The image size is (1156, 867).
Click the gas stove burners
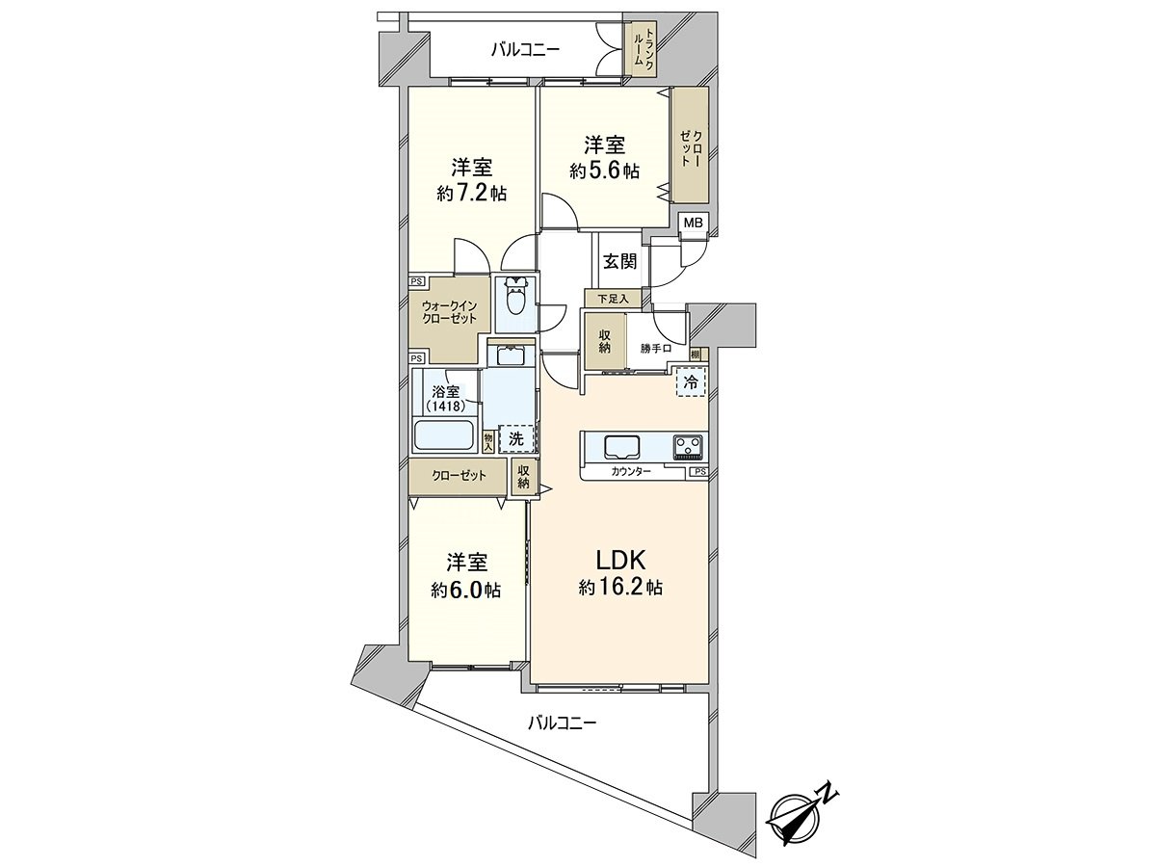pyautogui.click(x=689, y=447)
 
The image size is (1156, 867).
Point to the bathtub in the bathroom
pyautogui.click(x=445, y=435)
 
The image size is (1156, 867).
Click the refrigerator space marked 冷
pyautogui.click(x=691, y=382)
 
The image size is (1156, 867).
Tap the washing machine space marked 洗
pyautogui.click(x=516, y=438)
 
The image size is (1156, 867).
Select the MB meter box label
pyautogui.click(x=694, y=223)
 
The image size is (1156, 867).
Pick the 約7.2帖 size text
pyautogui.click(x=472, y=194)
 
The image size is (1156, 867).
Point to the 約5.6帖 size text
pyautogui.click(x=604, y=171)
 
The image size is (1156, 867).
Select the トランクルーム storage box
pyautogui.click(x=639, y=47)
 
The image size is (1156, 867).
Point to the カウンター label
pyautogui.click(x=632, y=471)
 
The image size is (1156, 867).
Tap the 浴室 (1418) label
pyautogui.click(x=446, y=398)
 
